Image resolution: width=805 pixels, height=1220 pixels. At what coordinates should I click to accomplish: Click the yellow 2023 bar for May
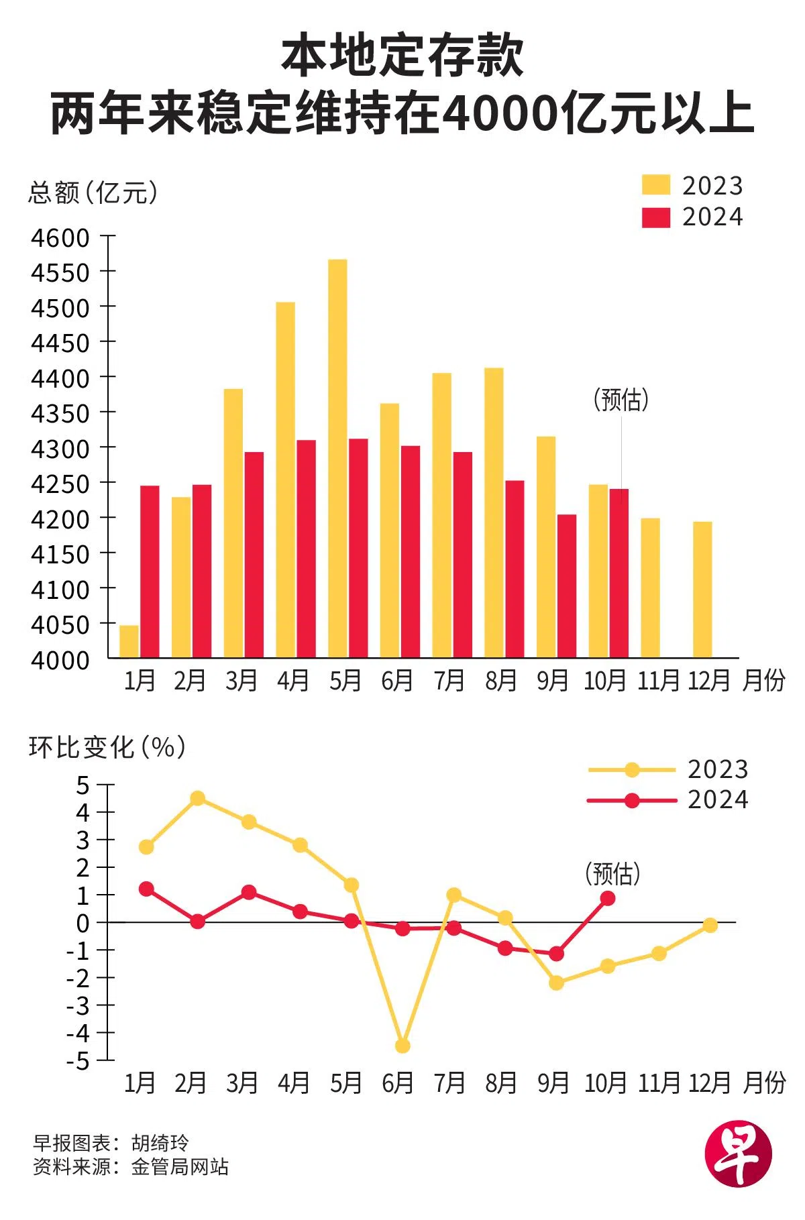(337, 458)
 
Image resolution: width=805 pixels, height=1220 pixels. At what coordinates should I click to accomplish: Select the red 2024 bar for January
(150, 571)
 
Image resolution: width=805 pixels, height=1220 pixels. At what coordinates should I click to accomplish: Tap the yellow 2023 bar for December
(702, 590)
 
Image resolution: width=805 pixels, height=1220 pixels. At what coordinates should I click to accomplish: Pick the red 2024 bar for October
(619, 573)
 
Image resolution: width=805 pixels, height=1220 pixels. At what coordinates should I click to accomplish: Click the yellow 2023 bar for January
(129, 641)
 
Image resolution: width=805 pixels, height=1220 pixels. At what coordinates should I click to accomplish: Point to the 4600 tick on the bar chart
(60, 237)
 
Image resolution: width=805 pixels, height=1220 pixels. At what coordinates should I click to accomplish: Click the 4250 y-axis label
(60, 484)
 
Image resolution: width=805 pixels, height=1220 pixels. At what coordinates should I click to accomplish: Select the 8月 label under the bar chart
(501, 681)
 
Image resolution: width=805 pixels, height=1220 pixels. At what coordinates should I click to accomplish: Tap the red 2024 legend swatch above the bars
(655, 217)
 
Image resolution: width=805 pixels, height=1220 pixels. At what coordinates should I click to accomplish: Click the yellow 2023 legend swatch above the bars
(655, 185)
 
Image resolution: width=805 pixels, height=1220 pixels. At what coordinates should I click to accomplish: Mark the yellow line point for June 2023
(402, 1046)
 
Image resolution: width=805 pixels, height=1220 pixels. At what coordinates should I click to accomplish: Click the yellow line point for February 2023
(197, 798)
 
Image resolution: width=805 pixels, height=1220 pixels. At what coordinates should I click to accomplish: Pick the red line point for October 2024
(608, 898)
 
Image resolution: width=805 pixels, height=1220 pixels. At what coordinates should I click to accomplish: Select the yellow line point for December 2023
(710, 926)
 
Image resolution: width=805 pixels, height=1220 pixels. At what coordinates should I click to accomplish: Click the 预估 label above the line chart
(613, 873)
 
